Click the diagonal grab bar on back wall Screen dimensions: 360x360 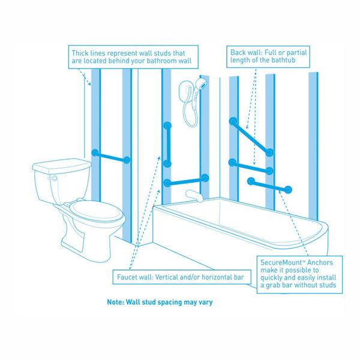pos(250,137)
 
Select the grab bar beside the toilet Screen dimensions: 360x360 pos(110,157)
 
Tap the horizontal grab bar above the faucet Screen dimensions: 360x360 pos(186,180)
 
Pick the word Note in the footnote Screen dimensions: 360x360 pos(116,302)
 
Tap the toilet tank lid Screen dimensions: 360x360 pos(60,164)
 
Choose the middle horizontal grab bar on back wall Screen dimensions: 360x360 pos(250,166)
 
